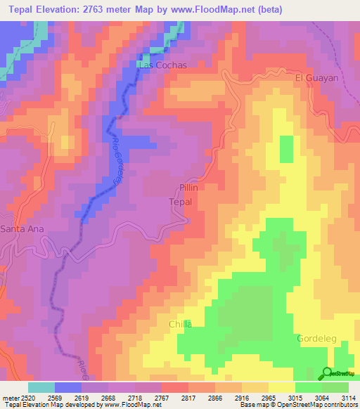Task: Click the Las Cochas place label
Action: click(x=163, y=65)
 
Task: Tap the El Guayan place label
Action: click(x=316, y=78)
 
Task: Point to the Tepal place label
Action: click(x=181, y=202)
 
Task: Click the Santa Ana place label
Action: click(x=20, y=229)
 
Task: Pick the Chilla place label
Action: click(x=180, y=324)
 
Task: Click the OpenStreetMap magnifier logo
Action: click(x=327, y=372)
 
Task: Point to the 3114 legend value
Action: click(x=349, y=396)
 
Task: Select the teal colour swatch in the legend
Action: click(x=41, y=387)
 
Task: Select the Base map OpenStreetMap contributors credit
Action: click(x=298, y=405)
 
